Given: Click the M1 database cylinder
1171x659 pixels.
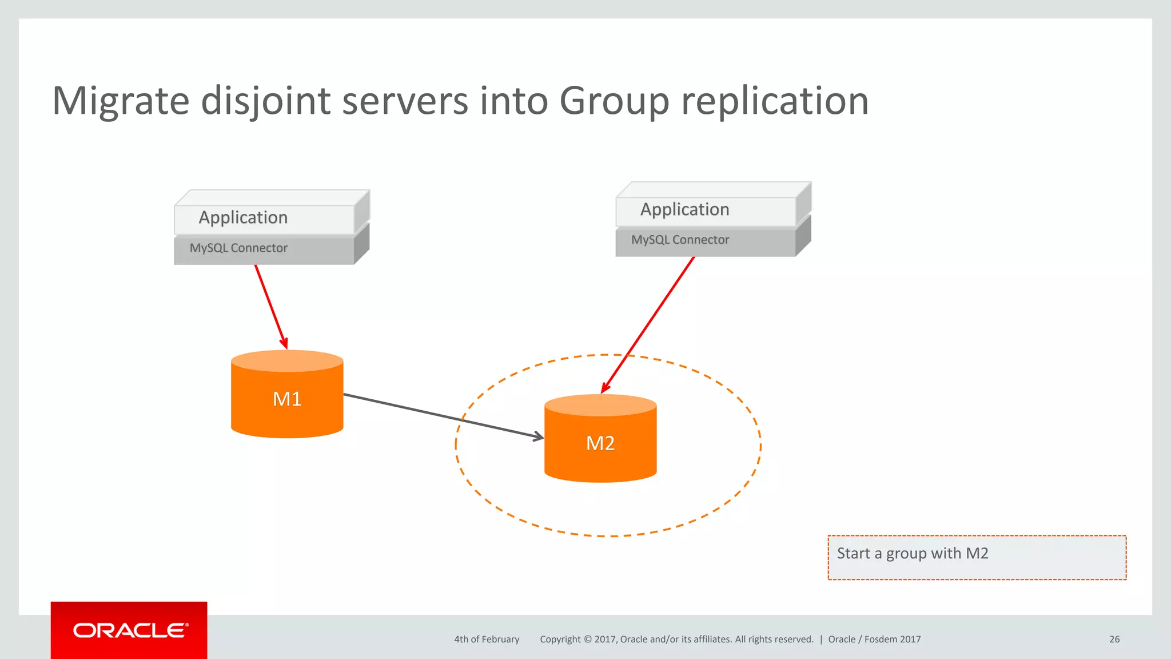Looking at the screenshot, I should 287,399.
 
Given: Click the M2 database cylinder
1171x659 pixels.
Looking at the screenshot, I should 600,443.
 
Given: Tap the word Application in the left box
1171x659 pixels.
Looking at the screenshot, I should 243,217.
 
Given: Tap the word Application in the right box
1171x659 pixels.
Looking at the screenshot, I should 684,209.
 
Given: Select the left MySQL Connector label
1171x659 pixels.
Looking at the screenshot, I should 238,248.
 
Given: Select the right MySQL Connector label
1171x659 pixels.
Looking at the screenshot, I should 680,240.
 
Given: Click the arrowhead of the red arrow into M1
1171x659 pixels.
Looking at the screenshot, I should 284,343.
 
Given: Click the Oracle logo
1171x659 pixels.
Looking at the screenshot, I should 129,630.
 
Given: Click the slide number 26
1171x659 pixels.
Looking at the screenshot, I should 1114,640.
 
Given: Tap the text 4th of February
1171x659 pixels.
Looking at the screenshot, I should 487,640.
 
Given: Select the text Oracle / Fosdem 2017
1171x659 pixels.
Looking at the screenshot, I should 874,640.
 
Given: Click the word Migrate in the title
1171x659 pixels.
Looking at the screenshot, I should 121,101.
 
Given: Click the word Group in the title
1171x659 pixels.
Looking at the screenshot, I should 614,101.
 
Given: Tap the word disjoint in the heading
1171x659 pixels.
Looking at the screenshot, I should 266,101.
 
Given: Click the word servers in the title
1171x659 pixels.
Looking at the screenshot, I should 405,101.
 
